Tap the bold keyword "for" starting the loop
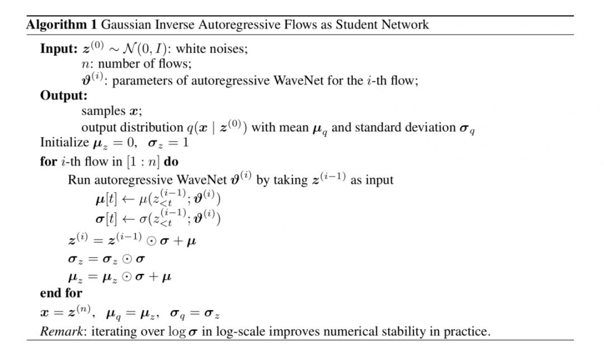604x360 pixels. (x=48, y=162)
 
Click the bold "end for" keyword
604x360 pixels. (x=60, y=292)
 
